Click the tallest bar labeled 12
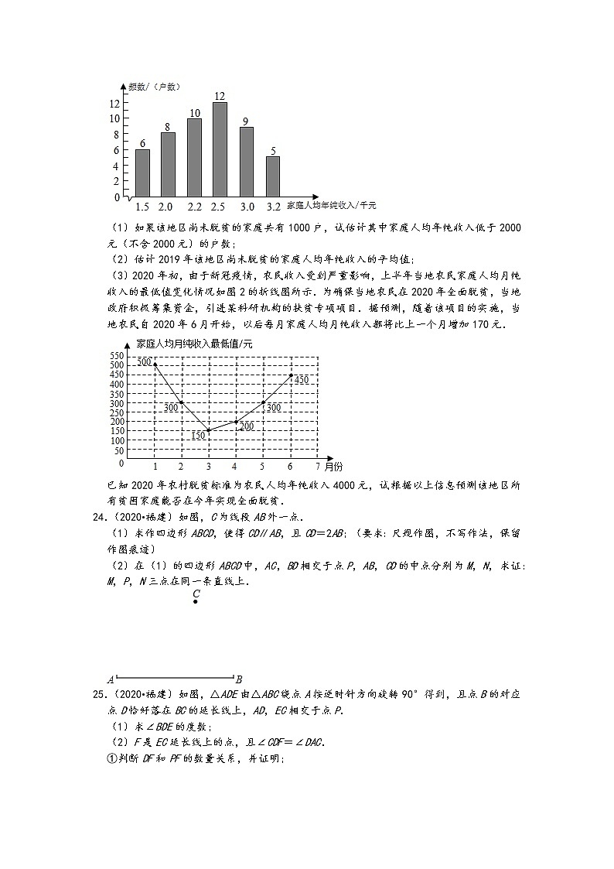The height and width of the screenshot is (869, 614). (220, 149)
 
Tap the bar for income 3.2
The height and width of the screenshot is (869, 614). (272, 176)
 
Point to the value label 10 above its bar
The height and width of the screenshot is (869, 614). (194, 113)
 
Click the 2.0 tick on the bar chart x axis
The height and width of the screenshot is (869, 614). (165, 207)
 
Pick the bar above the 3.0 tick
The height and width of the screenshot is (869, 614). (246, 162)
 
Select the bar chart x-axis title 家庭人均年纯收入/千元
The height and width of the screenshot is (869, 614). (331, 206)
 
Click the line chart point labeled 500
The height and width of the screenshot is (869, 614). (155, 364)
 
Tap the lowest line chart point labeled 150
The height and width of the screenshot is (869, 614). (208, 430)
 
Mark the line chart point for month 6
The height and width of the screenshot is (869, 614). (291, 375)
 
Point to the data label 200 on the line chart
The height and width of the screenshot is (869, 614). (247, 426)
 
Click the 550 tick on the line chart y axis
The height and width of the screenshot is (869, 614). (117, 355)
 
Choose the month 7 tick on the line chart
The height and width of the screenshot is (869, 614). (318, 467)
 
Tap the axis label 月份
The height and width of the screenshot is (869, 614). (334, 467)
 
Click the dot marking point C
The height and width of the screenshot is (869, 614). (196, 601)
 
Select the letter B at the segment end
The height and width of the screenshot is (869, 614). (239, 679)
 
